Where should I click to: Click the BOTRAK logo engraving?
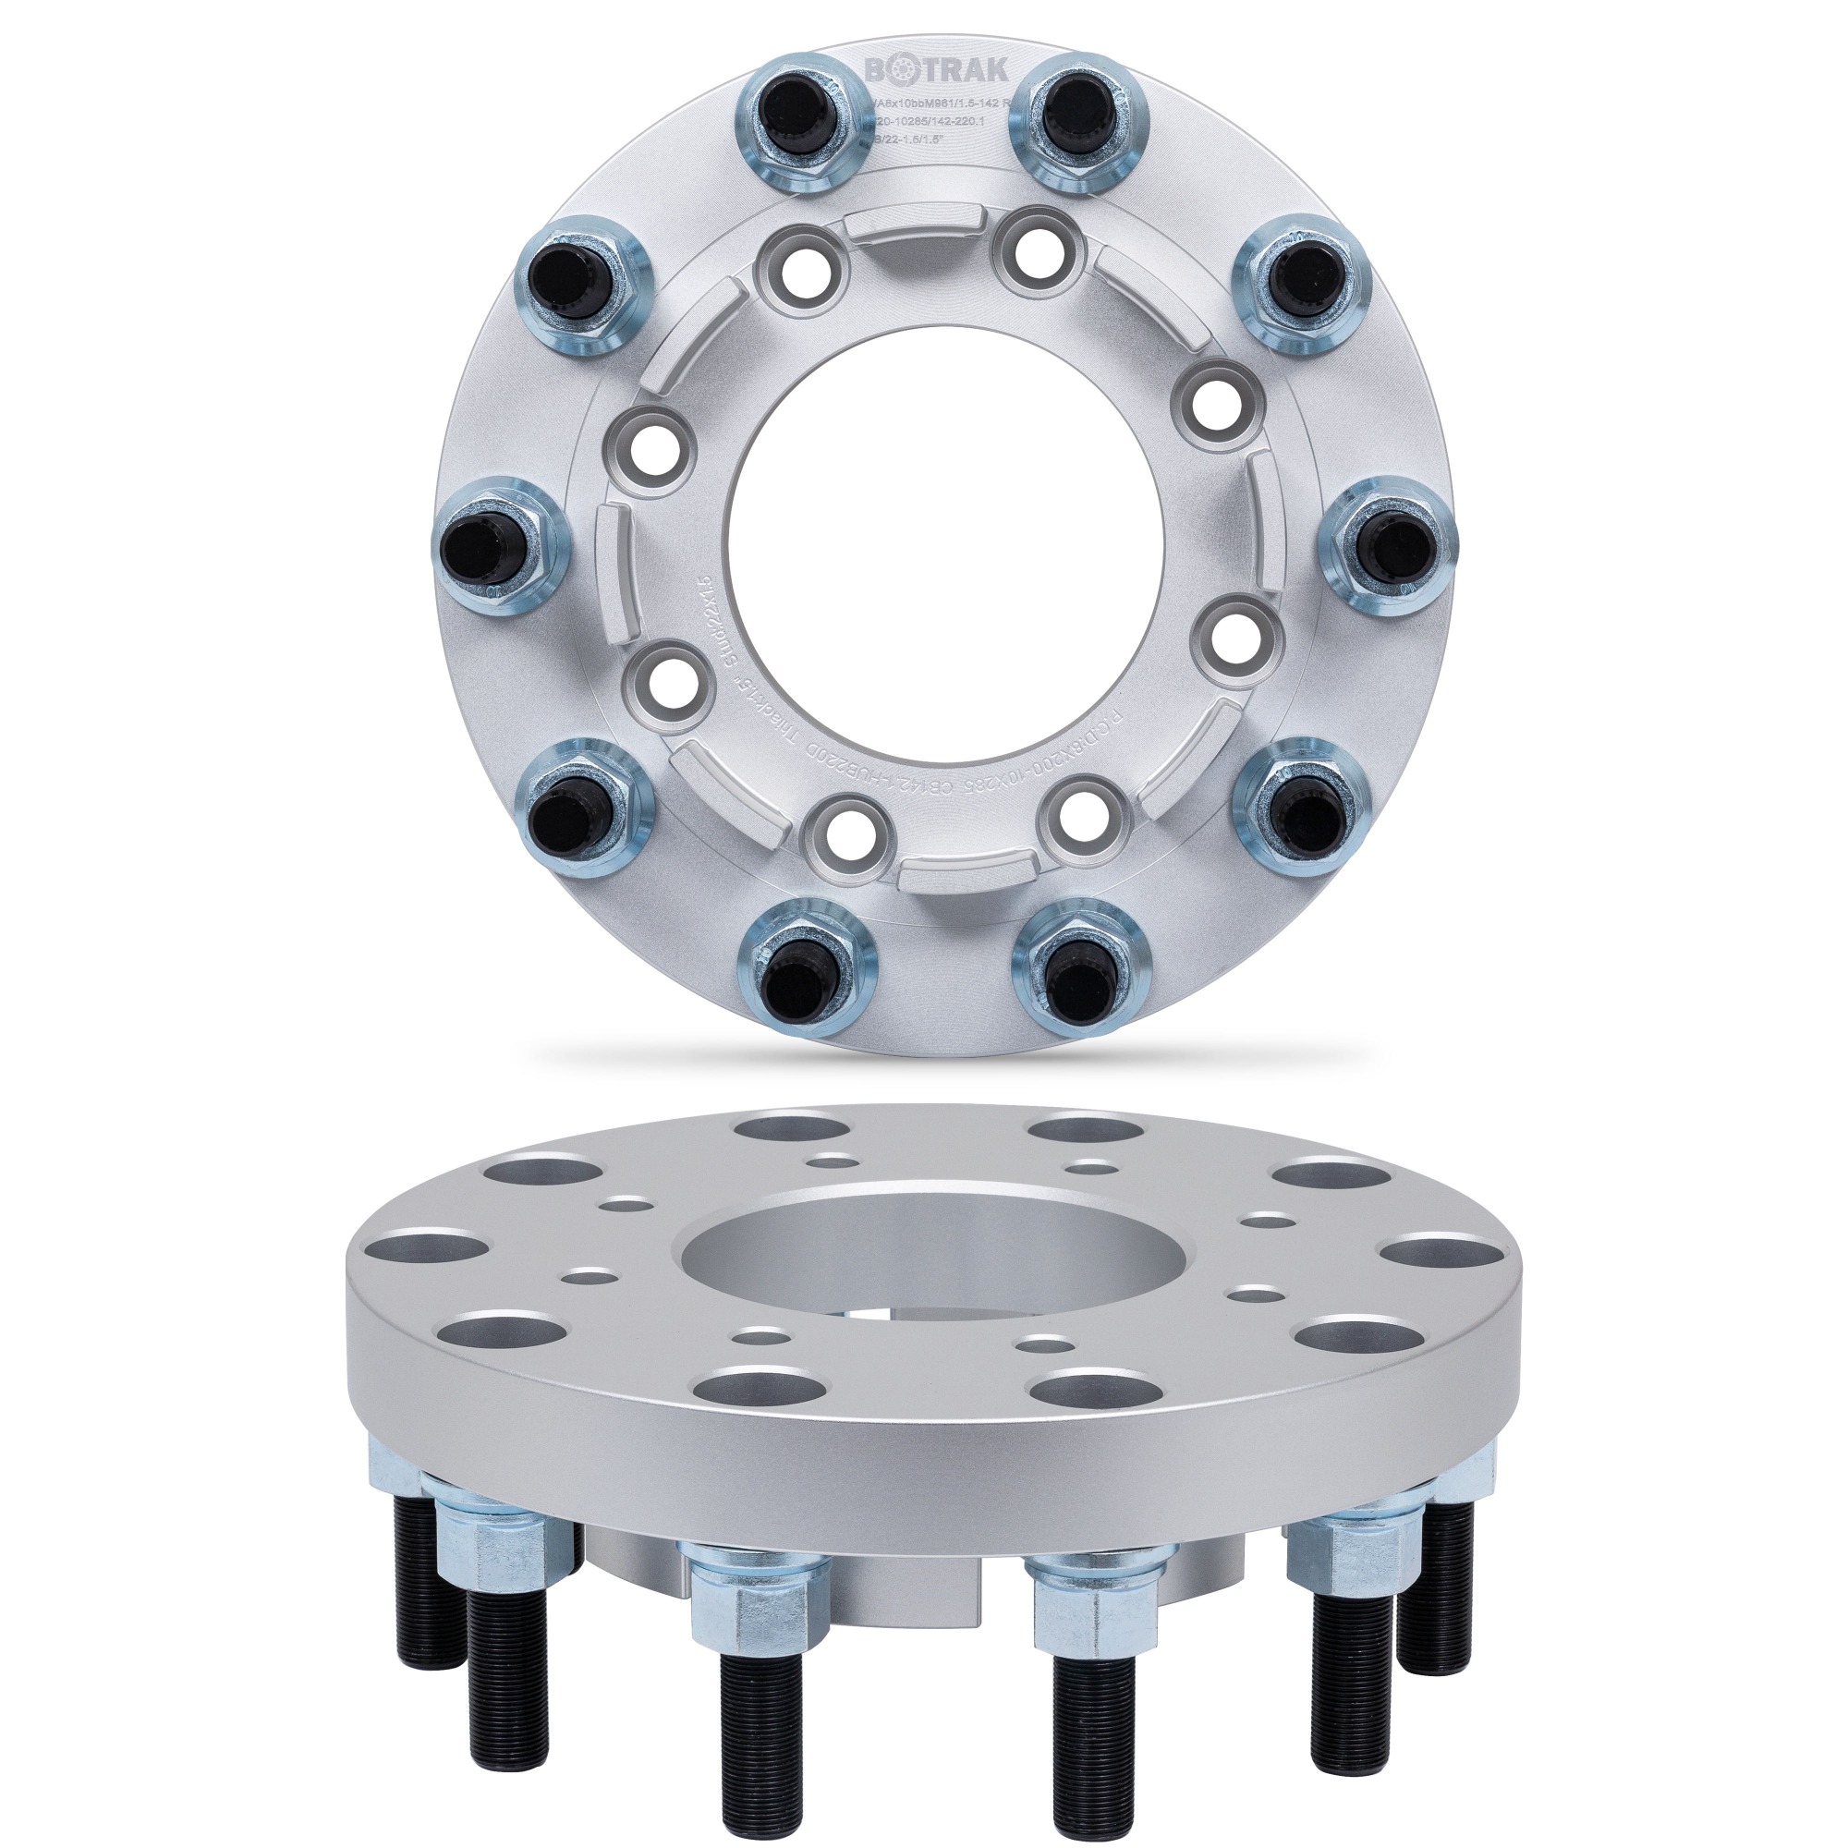(922, 70)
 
